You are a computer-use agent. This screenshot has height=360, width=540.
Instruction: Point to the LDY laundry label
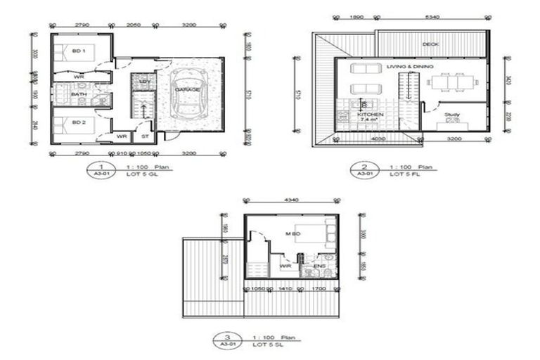144,82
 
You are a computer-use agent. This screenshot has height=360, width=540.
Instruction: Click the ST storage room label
144,136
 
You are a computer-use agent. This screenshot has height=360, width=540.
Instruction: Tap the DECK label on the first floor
430,44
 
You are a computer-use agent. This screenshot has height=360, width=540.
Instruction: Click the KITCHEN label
370,114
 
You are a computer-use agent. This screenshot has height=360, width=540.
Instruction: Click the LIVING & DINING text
409,66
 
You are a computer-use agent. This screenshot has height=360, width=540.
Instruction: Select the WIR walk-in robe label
285,266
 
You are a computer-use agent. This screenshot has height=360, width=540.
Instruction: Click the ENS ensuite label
319,266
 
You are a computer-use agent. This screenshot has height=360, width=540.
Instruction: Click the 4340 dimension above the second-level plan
290,200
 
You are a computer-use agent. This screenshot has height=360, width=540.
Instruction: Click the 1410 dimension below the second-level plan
285,288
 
